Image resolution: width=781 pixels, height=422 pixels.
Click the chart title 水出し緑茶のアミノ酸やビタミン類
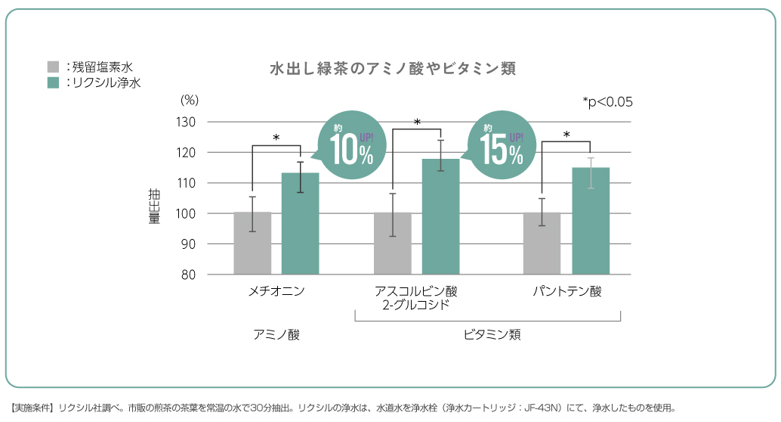point(392,69)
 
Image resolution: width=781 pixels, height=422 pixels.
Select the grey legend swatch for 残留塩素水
point(53,67)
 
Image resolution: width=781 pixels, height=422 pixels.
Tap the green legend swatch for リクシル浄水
point(53,82)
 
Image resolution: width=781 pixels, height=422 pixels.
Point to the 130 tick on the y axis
point(187,123)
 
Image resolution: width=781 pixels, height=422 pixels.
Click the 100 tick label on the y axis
point(187,214)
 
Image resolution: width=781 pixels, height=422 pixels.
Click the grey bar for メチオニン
point(252,244)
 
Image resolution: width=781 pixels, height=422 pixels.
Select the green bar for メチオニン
point(301,224)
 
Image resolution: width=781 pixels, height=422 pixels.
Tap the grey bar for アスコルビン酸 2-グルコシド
point(393,244)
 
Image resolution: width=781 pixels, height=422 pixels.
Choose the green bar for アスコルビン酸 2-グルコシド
point(440,217)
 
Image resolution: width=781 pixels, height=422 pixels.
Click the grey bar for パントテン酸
point(542,244)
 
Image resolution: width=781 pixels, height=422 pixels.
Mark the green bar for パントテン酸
point(590,221)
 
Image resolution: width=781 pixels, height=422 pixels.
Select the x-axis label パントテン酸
point(567,291)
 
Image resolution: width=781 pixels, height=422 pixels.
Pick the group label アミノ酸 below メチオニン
point(276,334)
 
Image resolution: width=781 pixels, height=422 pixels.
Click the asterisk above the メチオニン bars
point(276,138)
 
